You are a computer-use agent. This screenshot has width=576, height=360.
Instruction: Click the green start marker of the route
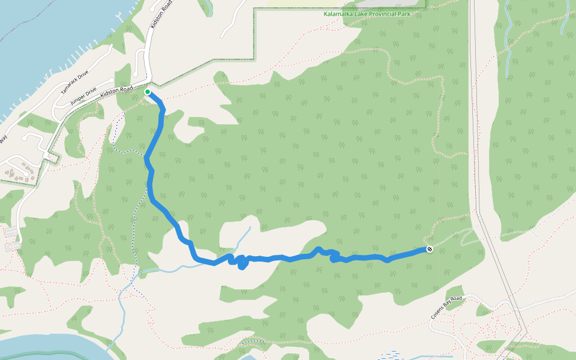coord(148,92)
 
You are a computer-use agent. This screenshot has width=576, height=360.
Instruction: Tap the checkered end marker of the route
coord(430,249)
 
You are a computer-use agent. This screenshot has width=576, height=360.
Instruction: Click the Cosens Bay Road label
coord(446,307)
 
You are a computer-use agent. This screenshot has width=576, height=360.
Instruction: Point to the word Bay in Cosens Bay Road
coord(448,306)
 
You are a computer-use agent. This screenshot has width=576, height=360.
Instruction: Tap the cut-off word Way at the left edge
coord(3,139)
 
